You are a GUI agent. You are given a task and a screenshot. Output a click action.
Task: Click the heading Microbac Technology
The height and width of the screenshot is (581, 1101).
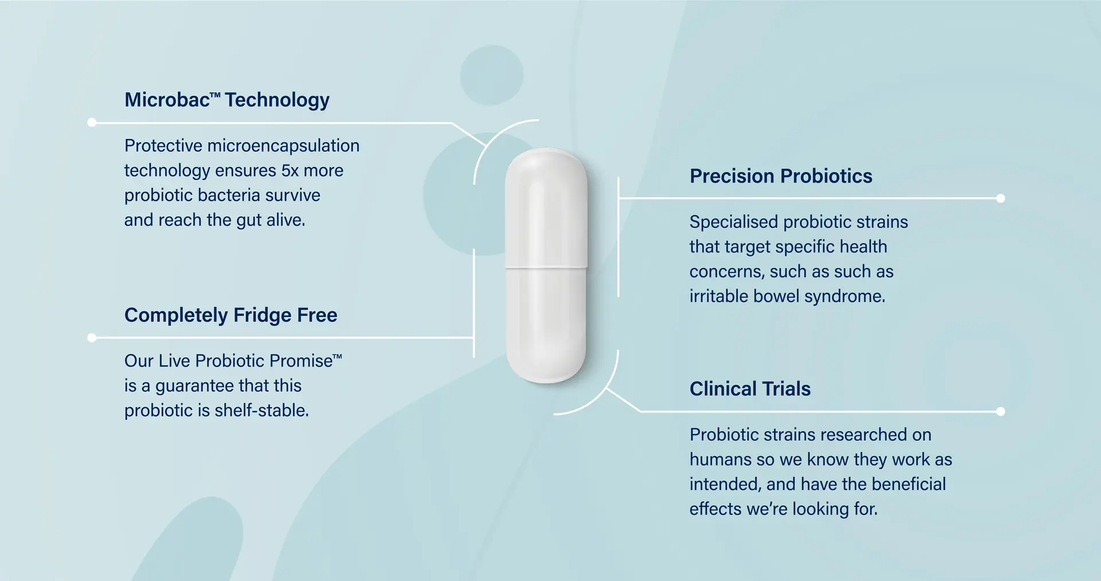point(227,100)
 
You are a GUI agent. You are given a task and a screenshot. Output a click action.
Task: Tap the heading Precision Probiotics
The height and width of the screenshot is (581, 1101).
point(780,176)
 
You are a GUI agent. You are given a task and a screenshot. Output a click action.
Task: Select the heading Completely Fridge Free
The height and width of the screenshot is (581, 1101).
point(231,315)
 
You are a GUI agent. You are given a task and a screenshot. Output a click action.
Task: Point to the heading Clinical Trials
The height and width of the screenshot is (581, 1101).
point(749,389)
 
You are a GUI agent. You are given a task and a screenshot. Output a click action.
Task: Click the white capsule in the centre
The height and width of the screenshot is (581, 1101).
point(546,218)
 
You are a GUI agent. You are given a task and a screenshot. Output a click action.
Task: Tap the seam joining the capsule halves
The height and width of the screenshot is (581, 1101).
point(546,267)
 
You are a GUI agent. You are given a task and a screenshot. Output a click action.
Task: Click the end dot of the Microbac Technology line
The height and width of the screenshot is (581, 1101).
point(92,122)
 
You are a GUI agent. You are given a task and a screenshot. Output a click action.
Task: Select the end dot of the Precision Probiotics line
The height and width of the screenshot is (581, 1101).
point(1001,198)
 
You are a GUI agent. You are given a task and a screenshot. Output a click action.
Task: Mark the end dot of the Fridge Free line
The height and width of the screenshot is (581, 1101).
point(92,338)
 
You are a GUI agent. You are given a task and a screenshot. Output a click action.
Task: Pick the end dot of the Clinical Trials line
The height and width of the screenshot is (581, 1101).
point(1001,411)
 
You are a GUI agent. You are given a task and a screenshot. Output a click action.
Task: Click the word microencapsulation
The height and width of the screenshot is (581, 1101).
point(283,146)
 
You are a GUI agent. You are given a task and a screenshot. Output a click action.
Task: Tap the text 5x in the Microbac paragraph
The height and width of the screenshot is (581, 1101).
point(290,170)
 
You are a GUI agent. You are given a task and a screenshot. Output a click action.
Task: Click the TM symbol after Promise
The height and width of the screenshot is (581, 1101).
point(337,357)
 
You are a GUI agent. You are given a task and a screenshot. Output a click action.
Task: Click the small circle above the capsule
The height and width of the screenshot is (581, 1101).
point(491,75)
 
